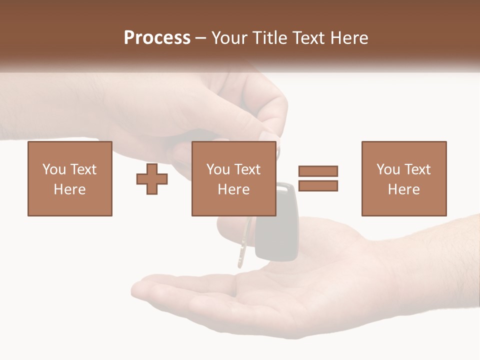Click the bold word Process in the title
click(157, 37)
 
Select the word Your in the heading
click(230, 38)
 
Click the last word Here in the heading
click(350, 38)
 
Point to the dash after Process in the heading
click(200, 38)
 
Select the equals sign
click(318, 178)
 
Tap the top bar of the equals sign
click(318, 171)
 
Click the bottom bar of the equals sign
click(318, 186)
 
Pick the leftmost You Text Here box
click(70, 178)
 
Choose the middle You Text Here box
click(233, 178)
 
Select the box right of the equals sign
click(404, 178)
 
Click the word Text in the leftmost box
click(82, 169)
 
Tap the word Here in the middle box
click(233, 189)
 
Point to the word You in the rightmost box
click(388, 169)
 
